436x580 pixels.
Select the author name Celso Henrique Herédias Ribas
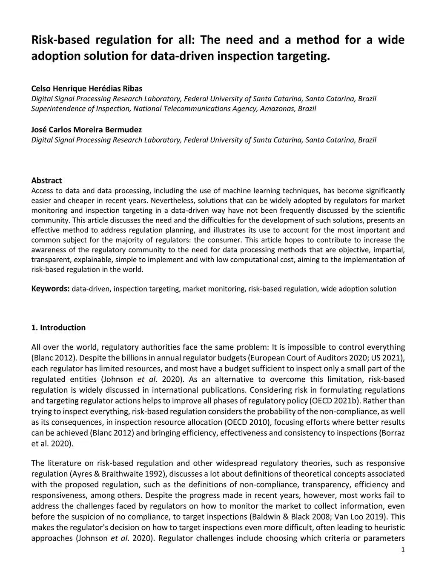pos(87,89)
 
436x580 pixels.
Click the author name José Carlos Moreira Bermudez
pos(86,129)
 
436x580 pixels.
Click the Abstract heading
pos(46,180)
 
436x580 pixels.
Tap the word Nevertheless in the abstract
pos(172,200)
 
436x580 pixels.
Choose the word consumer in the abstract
pos(226,240)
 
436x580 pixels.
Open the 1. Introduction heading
pos(58,328)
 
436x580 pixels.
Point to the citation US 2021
pos(387,358)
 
